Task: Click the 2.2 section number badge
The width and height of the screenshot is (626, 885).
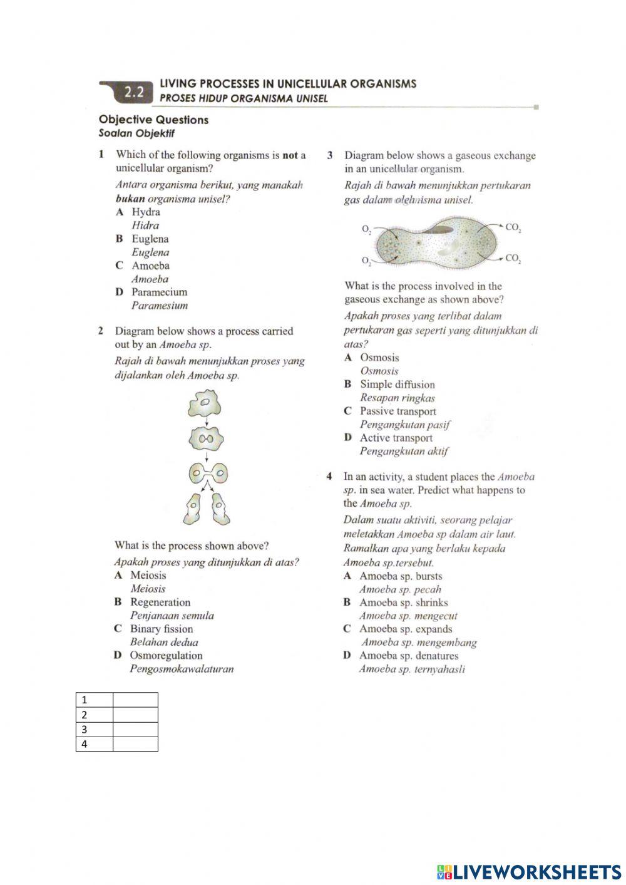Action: [133, 93]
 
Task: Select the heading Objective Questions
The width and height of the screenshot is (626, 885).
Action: [153, 120]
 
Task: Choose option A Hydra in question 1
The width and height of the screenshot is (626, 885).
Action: [145, 212]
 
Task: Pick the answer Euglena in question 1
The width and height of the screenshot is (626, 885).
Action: [150, 239]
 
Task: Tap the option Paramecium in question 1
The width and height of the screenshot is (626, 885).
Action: [159, 292]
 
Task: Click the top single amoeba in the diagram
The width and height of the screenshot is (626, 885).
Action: [206, 404]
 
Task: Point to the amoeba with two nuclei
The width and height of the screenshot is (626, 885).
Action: [207, 438]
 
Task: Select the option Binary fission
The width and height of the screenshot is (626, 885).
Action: [161, 629]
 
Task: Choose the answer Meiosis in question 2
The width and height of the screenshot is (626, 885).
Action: [148, 575]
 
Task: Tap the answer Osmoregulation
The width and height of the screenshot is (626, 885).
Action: [166, 655]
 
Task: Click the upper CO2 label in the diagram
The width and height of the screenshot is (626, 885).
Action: [513, 228]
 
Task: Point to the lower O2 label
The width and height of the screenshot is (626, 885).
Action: [366, 260]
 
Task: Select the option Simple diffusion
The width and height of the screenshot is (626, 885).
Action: [397, 385]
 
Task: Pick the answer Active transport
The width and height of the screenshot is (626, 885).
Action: [396, 438]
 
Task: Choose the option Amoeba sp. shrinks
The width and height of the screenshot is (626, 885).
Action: [403, 603]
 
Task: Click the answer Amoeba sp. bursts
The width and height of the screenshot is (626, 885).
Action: [400, 576]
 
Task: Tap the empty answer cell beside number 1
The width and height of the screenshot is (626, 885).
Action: [135, 700]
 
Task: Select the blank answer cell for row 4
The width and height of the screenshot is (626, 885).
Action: [135, 744]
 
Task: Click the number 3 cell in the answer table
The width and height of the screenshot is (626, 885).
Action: [95, 730]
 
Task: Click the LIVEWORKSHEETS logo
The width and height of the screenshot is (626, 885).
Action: [529, 871]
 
